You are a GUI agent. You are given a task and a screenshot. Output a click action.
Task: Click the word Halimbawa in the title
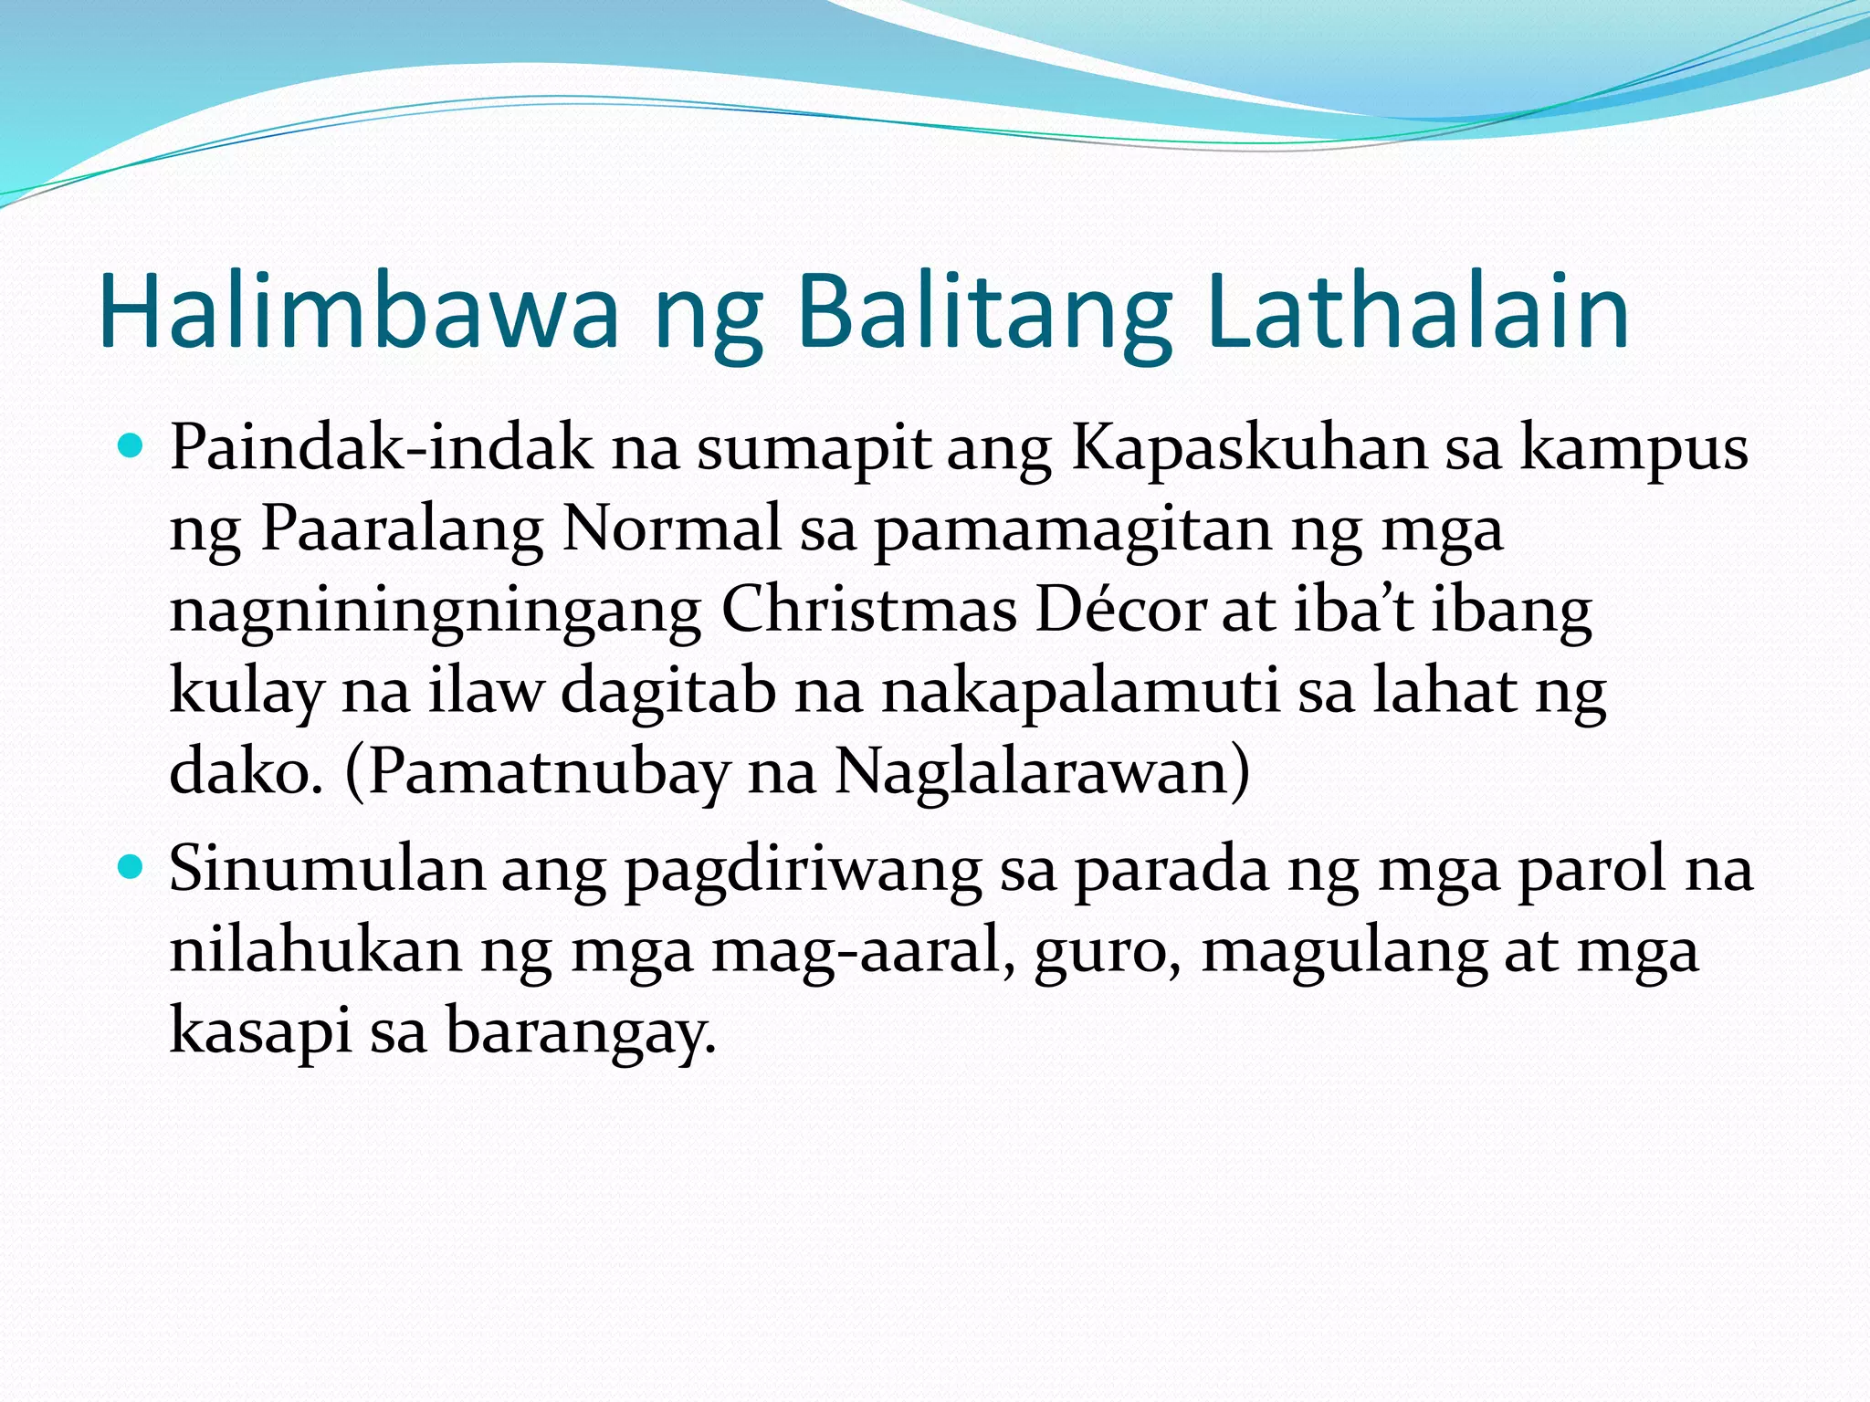pos(359,312)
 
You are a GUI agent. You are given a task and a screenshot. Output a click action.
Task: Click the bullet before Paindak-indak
pos(131,447)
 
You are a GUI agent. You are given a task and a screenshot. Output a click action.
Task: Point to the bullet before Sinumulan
pos(131,867)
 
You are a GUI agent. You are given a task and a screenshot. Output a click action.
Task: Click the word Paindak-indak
pos(381,449)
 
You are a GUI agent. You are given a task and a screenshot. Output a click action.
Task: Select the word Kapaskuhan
pos(1248,449)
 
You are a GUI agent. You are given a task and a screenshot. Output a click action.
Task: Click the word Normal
pos(672,529)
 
